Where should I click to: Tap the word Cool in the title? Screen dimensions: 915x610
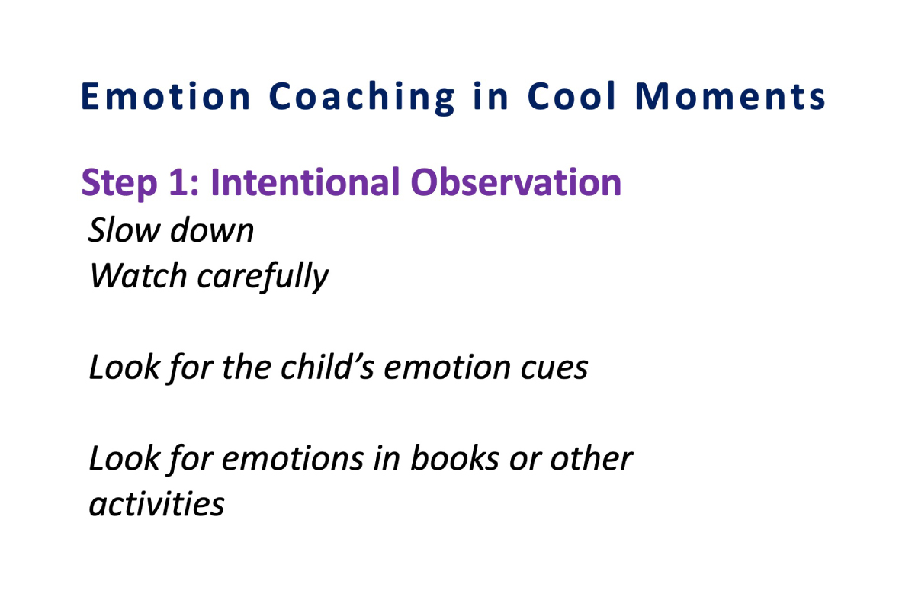point(571,95)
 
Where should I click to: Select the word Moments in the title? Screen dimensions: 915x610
point(730,96)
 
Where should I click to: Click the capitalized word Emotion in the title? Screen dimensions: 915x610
point(165,96)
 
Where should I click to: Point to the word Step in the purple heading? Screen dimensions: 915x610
point(119,184)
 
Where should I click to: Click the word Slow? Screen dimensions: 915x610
point(124,230)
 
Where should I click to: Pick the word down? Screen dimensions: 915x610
point(212,230)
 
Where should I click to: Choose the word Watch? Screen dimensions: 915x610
point(139,276)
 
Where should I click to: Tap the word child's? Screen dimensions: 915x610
point(327,367)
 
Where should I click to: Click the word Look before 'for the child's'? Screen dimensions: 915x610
point(124,368)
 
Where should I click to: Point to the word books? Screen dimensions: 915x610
point(454,458)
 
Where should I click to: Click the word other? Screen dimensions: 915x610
point(592,458)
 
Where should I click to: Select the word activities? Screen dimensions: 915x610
point(157,504)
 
